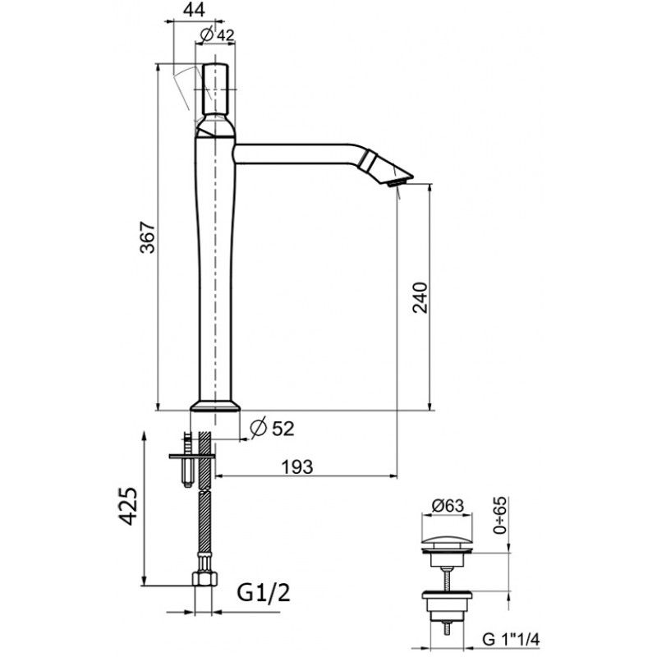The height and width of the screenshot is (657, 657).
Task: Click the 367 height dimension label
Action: (148, 237)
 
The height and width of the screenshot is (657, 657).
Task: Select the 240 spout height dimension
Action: (420, 297)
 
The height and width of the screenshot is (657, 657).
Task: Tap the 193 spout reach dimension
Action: (297, 466)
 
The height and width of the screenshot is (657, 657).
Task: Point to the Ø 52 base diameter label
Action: (272, 428)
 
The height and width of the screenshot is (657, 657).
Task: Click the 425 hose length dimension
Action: (127, 506)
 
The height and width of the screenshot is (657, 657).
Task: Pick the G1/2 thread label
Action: (264, 593)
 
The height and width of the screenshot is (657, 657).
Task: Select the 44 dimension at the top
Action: (195, 10)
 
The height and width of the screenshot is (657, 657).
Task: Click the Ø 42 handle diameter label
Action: (217, 34)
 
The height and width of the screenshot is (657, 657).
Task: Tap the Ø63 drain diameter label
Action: (448, 506)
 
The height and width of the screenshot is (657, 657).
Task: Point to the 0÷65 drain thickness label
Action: (500, 516)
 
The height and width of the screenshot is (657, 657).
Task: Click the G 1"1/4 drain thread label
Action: (511, 640)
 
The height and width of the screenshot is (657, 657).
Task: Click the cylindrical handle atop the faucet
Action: (215, 89)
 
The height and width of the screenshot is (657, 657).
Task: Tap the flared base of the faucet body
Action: (215, 406)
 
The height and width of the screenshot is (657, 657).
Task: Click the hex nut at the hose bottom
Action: (204, 578)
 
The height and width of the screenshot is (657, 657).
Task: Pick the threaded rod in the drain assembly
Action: (448, 579)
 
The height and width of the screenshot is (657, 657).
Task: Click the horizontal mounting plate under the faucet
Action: (192, 456)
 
